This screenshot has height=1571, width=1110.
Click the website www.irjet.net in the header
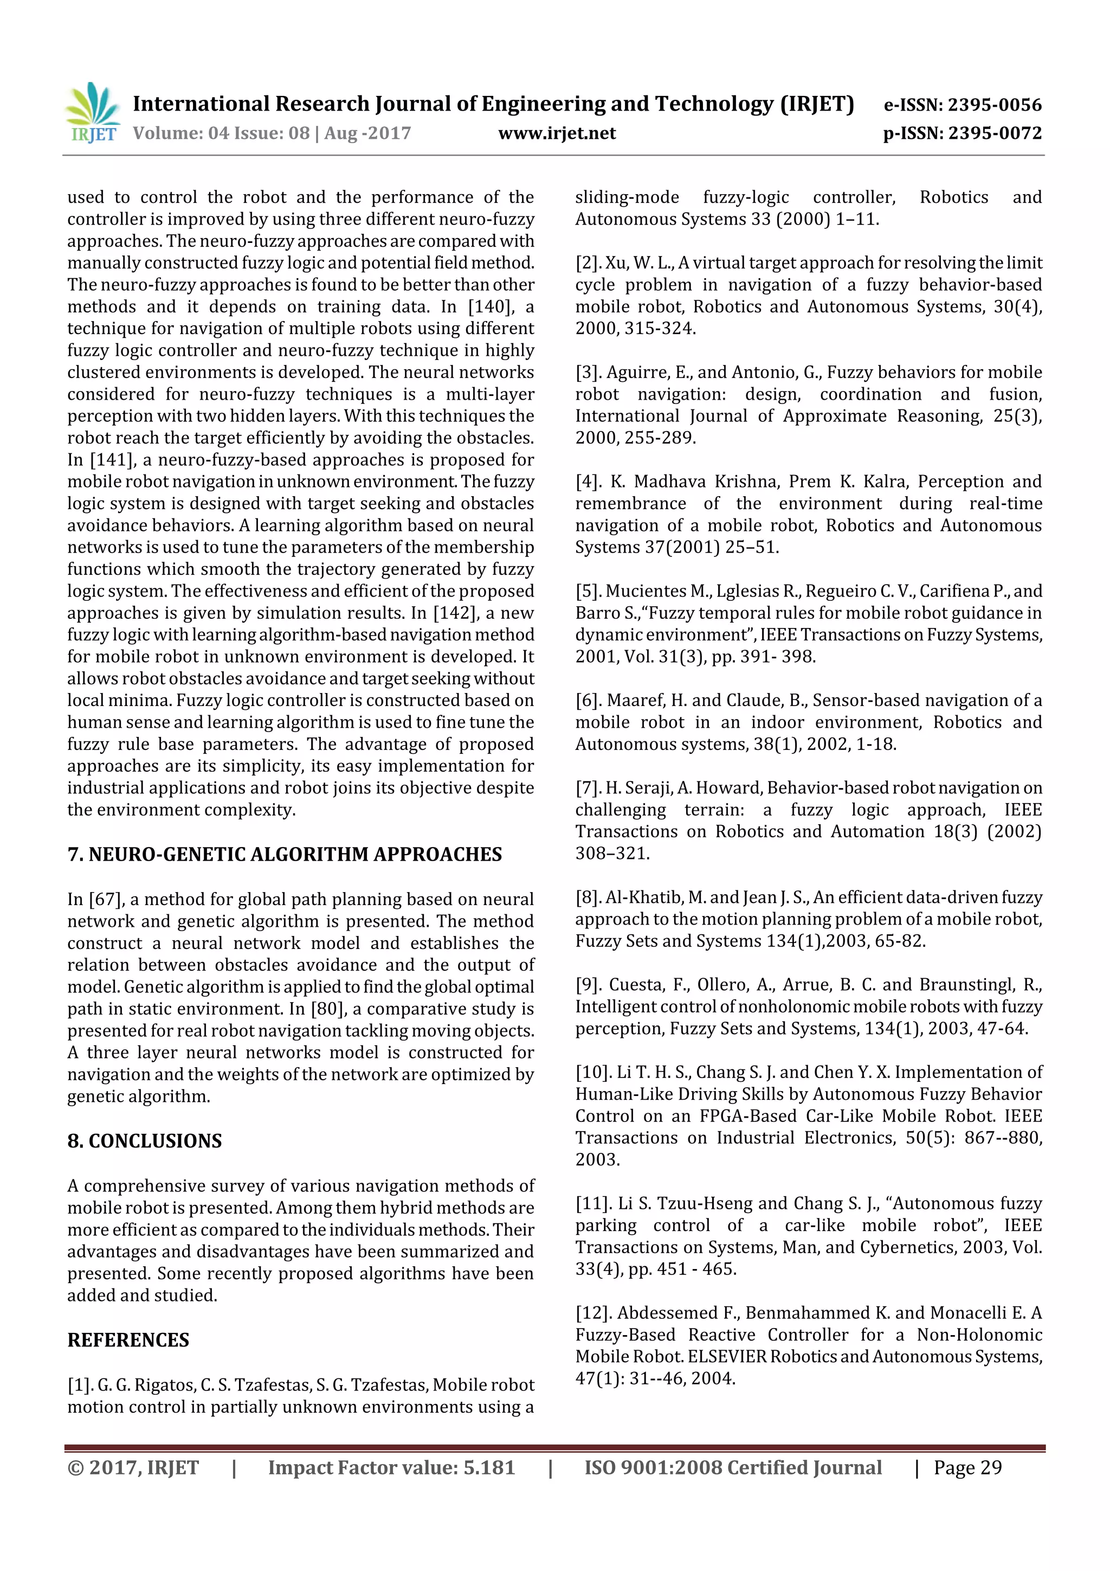click(x=557, y=133)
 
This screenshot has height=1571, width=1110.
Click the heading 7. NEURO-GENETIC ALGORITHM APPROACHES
click(x=285, y=854)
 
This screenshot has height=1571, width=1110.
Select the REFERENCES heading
click(x=128, y=1340)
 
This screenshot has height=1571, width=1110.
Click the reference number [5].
click(x=587, y=591)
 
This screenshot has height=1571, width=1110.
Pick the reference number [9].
click(x=587, y=985)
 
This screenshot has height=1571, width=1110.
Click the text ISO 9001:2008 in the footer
click(x=653, y=1467)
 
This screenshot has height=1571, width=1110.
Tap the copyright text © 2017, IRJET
click(x=133, y=1467)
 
